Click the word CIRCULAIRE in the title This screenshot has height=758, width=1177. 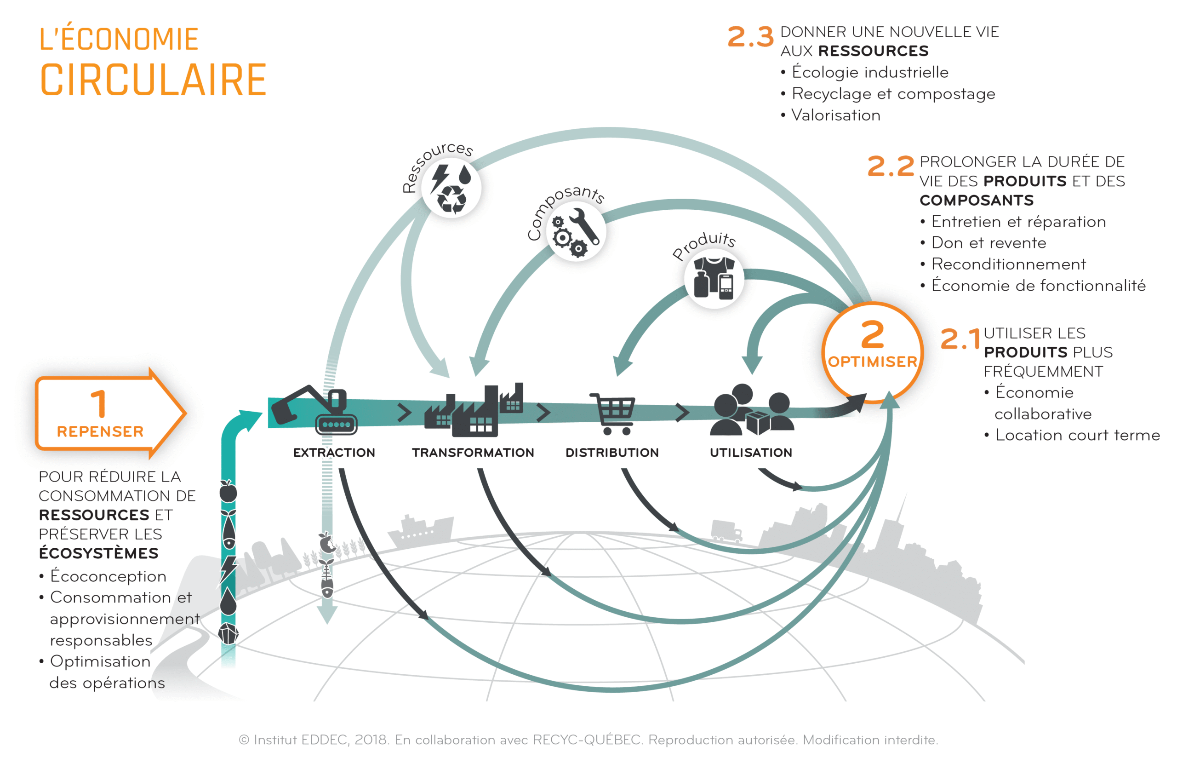tap(153, 80)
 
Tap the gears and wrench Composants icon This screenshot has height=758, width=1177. tap(576, 231)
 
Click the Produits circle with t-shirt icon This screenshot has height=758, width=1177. tap(714, 279)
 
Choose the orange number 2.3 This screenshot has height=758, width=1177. tap(750, 37)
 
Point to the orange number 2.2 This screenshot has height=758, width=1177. tap(890, 167)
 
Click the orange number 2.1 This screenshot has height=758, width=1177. tap(960, 339)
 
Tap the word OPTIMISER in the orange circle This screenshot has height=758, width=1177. tap(872, 362)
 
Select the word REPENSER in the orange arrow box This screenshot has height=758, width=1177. tap(100, 432)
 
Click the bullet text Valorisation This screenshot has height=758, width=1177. tap(836, 115)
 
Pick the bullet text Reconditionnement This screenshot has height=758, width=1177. tap(1008, 264)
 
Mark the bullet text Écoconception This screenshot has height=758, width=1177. tap(108, 576)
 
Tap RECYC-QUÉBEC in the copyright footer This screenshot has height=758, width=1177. tap(587, 740)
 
